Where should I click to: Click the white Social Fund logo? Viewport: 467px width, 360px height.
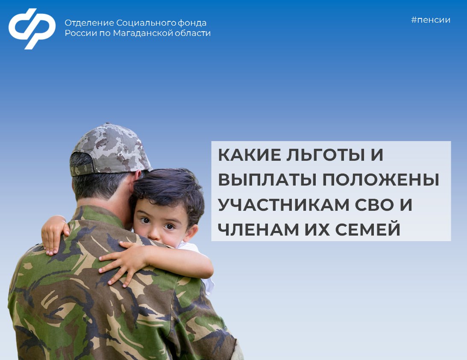click(x=32, y=28)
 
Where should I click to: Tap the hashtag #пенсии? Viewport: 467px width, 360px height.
click(x=431, y=20)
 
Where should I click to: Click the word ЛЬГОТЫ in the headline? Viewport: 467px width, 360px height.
click(x=326, y=155)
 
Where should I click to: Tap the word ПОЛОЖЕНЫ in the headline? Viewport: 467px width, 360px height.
click(x=381, y=180)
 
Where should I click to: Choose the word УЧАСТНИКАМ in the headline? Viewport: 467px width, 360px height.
click(x=284, y=205)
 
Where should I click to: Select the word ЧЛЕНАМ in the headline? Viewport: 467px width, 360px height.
click(x=258, y=230)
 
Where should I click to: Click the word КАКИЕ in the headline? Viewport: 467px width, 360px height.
click(x=249, y=155)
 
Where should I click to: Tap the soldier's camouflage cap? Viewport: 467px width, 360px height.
click(x=110, y=149)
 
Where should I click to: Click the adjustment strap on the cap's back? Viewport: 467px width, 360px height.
click(x=82, y=170)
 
